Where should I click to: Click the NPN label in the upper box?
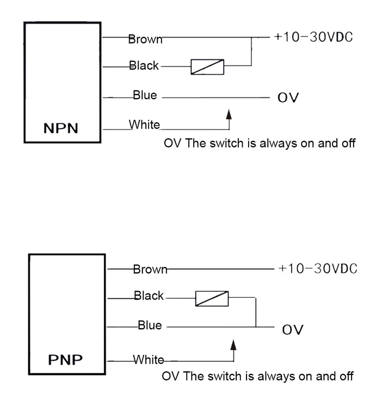click(x=60, y=128)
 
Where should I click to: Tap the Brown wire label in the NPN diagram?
click(x=145, y=39)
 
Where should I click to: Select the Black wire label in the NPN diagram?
click(x=144, y=66)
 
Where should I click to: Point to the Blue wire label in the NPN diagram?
click(x=145, y=95)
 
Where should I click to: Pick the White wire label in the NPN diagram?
click(x=144, y=125)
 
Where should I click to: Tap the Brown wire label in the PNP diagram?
click(x=150, y=269)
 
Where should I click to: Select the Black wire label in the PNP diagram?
click(x=149, y=296)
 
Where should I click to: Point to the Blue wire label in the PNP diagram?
click(x=150, y=326)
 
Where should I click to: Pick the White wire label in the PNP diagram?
click(x=149, y=360)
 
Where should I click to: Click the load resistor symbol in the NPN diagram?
click(x=207, y=67)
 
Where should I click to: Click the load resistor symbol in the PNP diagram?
click(x=212, y=298)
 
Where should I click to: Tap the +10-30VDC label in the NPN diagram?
click(x=313, y=37)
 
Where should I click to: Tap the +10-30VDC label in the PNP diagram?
click(x=317, y=268)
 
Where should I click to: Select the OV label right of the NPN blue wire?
click(x=288, y=98)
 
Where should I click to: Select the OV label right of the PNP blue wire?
click(x=292, y=329)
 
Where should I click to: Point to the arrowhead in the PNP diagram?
click(x=233, y=345)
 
